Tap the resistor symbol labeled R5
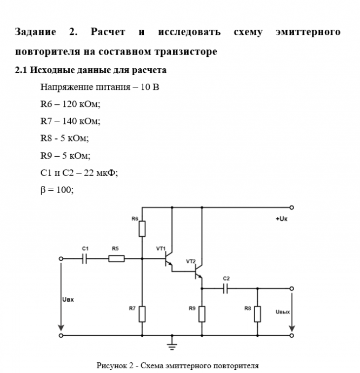coord(116,258)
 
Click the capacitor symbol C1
coord(85,258)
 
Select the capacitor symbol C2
coord(226,289)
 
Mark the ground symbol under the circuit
coord(172,342)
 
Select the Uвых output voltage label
coord(283,312)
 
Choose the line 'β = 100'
coord(57,189)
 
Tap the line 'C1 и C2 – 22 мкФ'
coord(79,172)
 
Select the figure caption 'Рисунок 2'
coord(177,365)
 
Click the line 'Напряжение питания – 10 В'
coord(99,87)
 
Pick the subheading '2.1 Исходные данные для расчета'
coord(91,70)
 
